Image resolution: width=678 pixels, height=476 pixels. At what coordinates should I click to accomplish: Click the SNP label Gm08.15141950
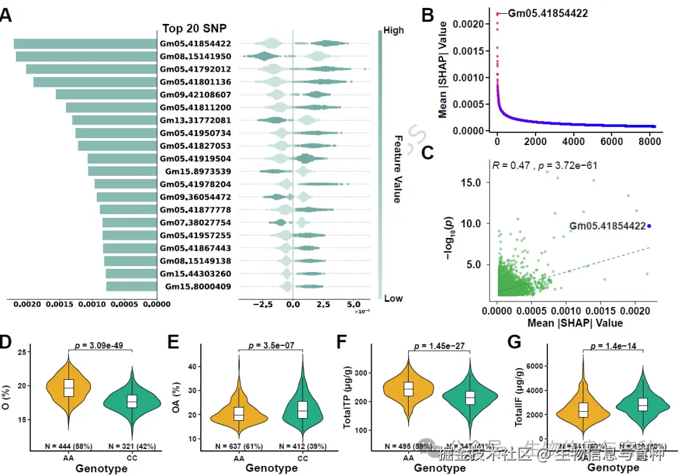[195, 57]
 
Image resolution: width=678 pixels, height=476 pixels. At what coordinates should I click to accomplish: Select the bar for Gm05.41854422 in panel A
[85, 44]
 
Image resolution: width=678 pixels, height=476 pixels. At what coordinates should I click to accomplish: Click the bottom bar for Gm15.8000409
[131, 286]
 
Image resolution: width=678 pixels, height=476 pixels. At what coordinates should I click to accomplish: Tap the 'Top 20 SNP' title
[194, 28]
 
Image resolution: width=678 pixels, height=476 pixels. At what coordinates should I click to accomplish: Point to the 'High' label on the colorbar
[394, 30]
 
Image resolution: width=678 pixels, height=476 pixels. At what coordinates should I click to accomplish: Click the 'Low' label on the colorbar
[393, 298]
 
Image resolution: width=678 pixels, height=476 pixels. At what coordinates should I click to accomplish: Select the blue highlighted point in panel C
[649, 226]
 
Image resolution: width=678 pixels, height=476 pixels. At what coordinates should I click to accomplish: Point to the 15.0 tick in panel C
[478, 182]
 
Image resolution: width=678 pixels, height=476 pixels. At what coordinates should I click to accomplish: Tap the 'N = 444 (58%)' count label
[69, 446]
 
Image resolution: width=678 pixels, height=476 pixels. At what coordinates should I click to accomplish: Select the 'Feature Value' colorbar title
[397, 168]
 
